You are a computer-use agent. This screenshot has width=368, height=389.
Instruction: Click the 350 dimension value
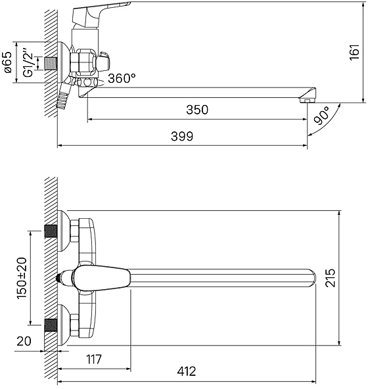coord(197,110)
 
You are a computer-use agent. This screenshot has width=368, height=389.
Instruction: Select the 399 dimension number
coord(182,136)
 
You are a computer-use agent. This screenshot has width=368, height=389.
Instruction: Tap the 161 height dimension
coord(354,52)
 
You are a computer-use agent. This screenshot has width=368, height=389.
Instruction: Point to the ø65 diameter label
coord(7,62)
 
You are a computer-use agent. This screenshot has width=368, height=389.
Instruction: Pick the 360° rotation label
coord(122,78)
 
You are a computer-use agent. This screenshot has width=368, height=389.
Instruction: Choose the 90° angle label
coord(321,116)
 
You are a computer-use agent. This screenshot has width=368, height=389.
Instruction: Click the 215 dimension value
coord(330,277)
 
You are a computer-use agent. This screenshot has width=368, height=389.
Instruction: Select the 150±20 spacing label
coord(21,278)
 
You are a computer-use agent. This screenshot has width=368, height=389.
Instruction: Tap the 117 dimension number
coord(94,359)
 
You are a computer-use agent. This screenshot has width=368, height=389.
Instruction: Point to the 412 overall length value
coord(187,371)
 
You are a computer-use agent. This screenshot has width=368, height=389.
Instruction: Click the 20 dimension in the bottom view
coord(24,341)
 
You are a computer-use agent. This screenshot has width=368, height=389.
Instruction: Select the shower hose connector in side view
coord(63,95)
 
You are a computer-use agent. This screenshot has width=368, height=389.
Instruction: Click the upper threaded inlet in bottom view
coord(51,231)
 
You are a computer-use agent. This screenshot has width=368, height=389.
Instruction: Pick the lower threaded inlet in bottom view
coord(51,325)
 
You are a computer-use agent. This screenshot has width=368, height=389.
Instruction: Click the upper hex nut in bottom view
coord(74,231)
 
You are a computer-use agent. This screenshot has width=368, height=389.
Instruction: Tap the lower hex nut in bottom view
coord(74,325)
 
